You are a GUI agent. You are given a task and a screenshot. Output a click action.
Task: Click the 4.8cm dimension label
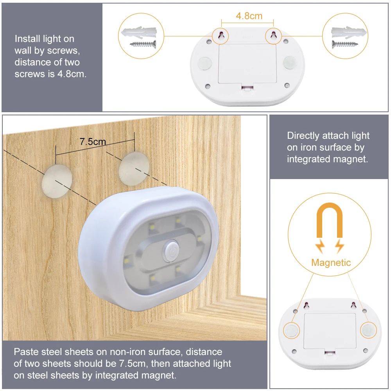coord(249,16)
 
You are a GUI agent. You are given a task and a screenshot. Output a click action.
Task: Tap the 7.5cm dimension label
coord(93,142)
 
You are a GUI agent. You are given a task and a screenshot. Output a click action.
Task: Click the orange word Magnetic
coord(331,262)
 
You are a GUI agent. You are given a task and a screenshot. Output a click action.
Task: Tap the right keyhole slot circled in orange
coord(273,36)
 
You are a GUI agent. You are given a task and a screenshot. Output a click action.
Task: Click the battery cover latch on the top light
coord(247,88)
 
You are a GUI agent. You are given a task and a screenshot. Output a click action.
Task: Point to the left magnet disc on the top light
coord(204,63)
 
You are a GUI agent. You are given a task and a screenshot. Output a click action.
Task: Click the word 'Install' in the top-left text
coord(27,39)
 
